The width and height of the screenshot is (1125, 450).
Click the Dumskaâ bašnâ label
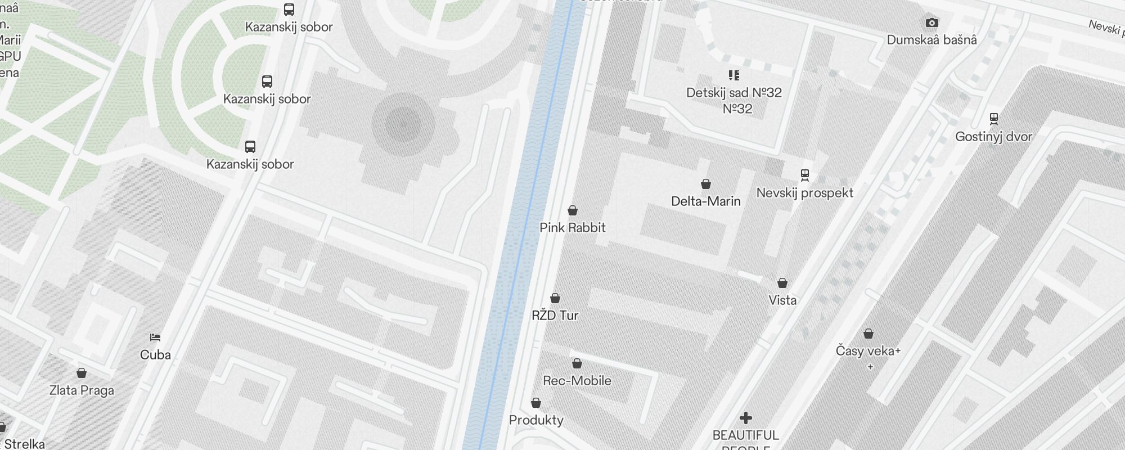[931, 40]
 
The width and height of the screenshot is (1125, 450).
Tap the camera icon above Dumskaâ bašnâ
[932, 23]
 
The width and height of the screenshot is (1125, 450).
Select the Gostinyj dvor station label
[993, 137]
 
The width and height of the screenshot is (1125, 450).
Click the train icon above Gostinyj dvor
[994, 119]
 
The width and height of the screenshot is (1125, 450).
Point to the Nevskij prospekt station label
[804, 193]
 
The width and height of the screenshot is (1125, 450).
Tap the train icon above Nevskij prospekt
[805, 175]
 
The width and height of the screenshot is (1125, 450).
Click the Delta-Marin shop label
[705, 201]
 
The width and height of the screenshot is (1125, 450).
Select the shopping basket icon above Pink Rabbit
[573, 210]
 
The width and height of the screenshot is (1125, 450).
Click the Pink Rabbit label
[572, 228]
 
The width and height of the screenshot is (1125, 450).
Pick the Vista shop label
[782, 300]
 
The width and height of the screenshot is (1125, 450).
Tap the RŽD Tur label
[555, 316]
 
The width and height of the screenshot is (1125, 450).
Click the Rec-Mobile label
[577, 381]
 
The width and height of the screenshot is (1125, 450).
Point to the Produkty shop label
[536, 420]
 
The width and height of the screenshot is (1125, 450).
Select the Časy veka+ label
[868, 351]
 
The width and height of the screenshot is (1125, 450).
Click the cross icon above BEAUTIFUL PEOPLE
[746, 418]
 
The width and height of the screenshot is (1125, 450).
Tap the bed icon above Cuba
[155, 337]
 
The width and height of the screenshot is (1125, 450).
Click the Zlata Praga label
[82, 390]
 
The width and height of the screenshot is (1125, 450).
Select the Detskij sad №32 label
[734, 93]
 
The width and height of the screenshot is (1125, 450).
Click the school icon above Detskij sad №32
[734, 75]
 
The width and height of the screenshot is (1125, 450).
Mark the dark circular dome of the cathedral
[403, 124]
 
